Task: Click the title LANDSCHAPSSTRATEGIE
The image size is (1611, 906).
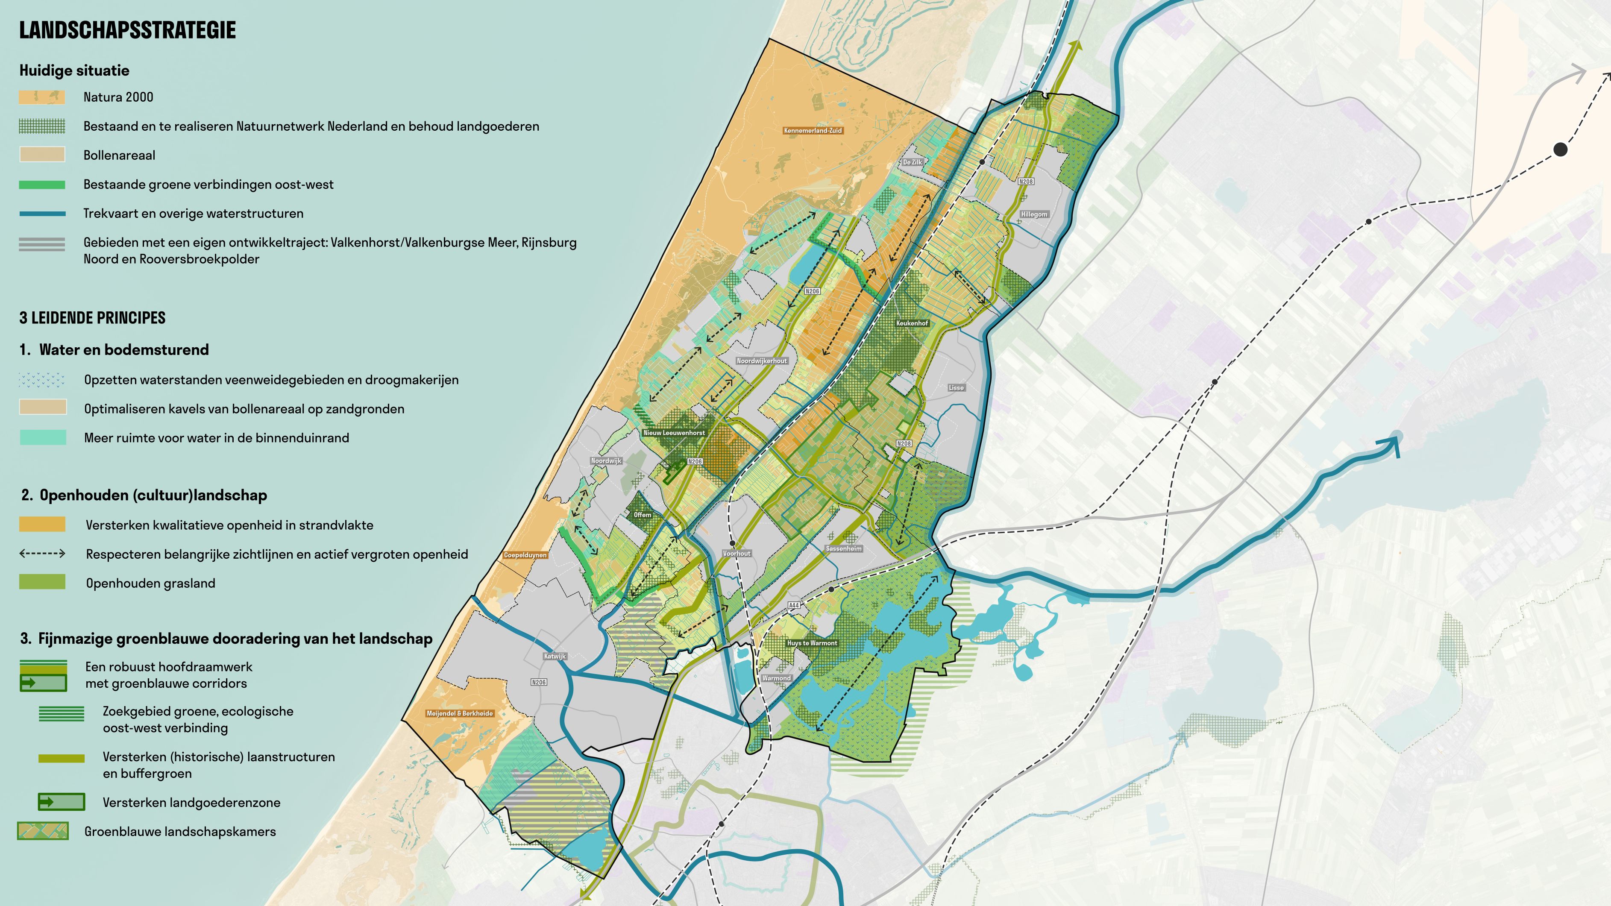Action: (x=128, y=30)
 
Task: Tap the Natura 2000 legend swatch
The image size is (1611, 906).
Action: (x=42, y=97)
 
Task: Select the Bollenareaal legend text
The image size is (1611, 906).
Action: (x=119, y=155)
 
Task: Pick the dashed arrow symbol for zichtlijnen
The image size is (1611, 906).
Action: (x=42, y=553)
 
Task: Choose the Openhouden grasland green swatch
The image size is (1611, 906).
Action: (x=42, y=582)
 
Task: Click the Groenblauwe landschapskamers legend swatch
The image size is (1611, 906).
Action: (x=43, y=831)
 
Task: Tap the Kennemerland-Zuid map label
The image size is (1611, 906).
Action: (x=813, y=131)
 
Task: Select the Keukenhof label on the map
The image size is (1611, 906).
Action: (x=912, y=323)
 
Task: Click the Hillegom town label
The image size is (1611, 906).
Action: (x=1034, y=214)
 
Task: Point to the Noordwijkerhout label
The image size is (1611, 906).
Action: (x=762, y=361)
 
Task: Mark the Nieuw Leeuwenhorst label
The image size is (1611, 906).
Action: (x=674, y=433)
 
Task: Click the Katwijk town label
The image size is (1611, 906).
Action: (x=555, y=657)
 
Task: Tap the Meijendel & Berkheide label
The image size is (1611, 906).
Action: (x=460, y=713)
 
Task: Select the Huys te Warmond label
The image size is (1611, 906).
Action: (x=812, y=643)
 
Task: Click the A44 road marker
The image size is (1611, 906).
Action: (x=794, y=605)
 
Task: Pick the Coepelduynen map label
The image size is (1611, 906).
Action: (x=525, y=555)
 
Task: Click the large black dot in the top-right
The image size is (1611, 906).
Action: (x=1560, y=150)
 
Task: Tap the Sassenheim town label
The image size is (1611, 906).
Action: (x=844, y=548)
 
